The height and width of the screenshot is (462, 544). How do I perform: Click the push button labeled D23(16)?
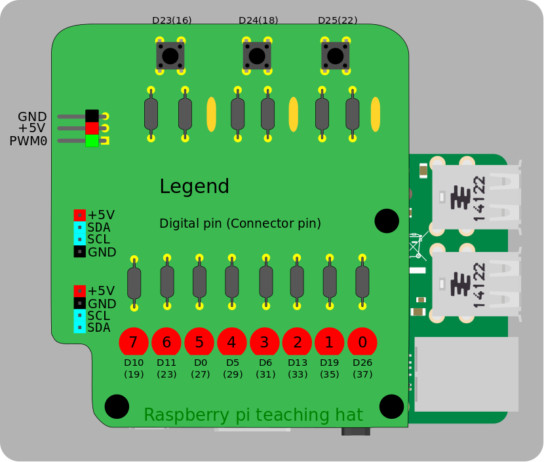[x=170, y=56]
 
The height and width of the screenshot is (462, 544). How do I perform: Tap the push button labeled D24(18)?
[x=257, y=56]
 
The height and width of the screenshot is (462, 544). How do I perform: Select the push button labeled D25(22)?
[x=335, y=56]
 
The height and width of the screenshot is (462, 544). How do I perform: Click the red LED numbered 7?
[x=134, y=342]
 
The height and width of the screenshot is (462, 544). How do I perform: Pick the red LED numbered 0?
[x=362, y=342]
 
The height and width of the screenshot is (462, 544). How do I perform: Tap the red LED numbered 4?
[x=232, y=342]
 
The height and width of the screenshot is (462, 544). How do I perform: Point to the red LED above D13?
[x=298, y=342]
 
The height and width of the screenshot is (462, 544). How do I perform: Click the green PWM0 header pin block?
[x=92, y=140]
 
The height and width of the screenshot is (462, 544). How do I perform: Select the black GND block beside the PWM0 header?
[x=92, y=116]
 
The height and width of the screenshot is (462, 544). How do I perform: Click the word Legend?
[x=194, y=187]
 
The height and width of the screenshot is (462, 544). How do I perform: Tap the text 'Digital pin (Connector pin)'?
[x=240, y=223]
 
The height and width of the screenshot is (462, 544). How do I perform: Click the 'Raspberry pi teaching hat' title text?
[x=253, y=415]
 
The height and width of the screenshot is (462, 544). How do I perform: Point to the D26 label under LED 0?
[x=362, y=363]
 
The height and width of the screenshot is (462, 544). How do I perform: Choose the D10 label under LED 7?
[x=134, y=363]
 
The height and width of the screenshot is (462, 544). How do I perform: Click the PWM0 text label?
[x=28, y=141]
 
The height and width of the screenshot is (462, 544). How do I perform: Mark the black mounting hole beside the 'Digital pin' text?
[x=387, y=221]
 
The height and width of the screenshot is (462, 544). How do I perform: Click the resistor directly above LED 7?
[x=134, y=282]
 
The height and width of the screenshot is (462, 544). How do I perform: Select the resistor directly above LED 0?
[x=362, y=282]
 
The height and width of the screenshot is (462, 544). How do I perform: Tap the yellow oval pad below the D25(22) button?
[x=376, y=114]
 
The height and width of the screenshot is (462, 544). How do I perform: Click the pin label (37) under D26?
[x=362, y=375]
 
